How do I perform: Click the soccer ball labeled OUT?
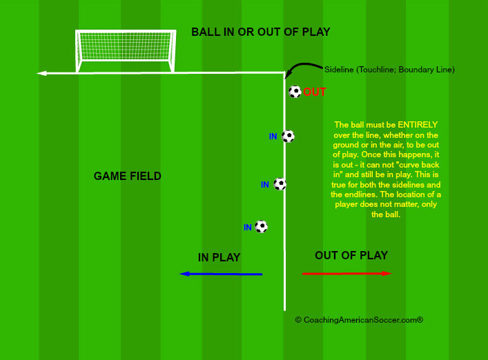coord(295,92)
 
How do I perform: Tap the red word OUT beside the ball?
coord(315,92)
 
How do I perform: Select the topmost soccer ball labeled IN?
coord(288,137)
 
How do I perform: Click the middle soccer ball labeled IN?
coord(280,184)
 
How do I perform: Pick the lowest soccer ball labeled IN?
coord(261,226)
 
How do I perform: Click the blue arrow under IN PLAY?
coord(221,274)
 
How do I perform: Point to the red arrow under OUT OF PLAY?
coord(347,274)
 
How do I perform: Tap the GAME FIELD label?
coord(128,177)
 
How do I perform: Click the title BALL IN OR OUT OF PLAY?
coord(261,32)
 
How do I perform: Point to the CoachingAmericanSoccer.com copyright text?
coord(358,320)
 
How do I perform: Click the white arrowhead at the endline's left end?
coord(41,72)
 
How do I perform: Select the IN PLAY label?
coord(219,258)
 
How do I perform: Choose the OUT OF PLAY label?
coord(351,256)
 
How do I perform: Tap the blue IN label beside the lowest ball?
coord(248,228)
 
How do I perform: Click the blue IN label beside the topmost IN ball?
coord(273,137)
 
